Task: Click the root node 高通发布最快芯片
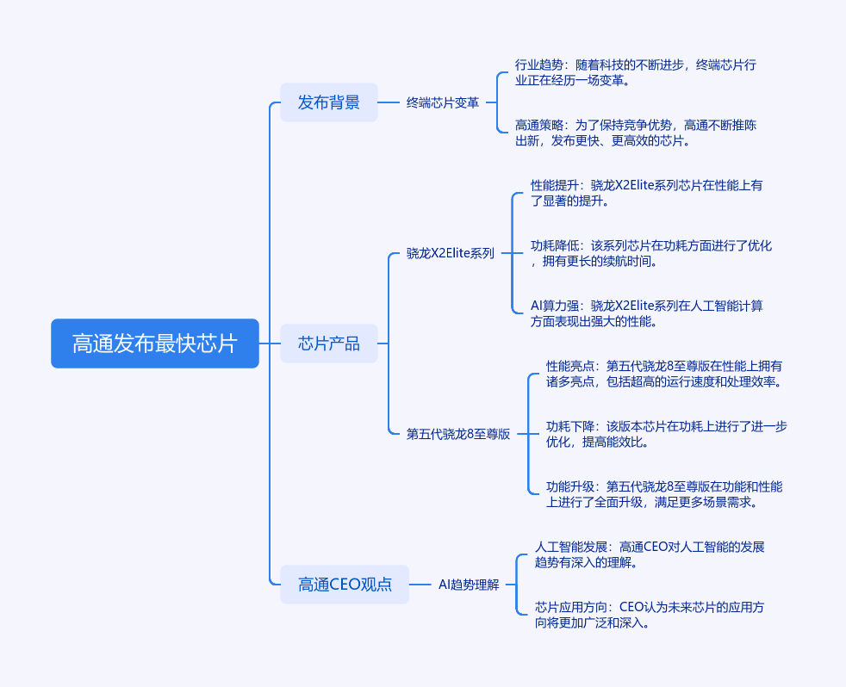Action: (155, 343)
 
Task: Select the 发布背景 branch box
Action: (329, 102)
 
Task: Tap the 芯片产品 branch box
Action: (329, 343)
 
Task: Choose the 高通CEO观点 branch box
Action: (345, 585)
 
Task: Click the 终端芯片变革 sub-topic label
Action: (443, 102)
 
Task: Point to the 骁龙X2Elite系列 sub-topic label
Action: (451, 253)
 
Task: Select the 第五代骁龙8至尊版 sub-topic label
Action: (458, 434)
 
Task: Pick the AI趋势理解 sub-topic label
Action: (469, 585)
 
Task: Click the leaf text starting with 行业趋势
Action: (636, 72)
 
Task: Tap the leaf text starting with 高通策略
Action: (636, 133)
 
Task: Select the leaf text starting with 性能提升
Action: (647, 193)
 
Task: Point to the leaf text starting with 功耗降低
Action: (651, 253)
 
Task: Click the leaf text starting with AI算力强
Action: (647, 313)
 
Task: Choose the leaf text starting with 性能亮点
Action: (664, 374)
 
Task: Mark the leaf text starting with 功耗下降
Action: (666, 434)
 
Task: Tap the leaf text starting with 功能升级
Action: (664, 494)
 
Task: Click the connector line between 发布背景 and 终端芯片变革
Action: (389, 102)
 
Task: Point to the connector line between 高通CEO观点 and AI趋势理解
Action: (420, 585)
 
